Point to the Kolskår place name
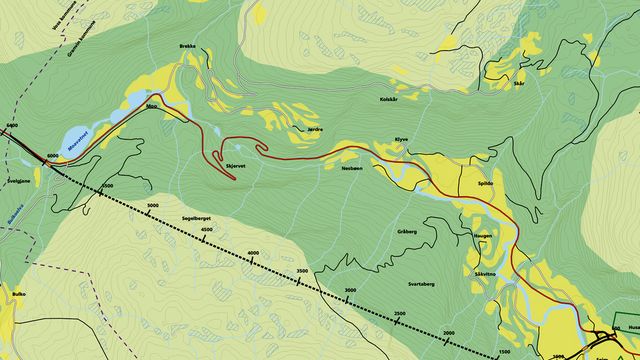click(390, 99)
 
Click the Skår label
click(518, 85)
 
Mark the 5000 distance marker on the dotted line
click(153, 205)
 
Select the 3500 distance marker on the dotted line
click(302, 271)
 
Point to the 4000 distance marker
click(253, 253)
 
